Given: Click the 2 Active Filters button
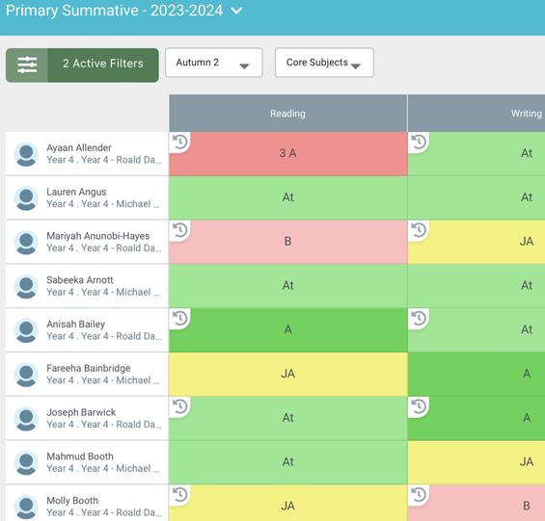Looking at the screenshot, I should pos(82,65).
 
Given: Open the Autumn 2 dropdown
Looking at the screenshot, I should pos(213,64).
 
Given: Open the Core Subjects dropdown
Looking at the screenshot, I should pos(324,64).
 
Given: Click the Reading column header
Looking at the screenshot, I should pos(287,114).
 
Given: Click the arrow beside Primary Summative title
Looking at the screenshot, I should pos(236,12).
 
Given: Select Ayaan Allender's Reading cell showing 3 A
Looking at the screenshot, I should pos(287,154).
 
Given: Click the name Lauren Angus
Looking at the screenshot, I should pos(76,192).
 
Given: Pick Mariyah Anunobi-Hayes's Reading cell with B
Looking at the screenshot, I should pos(287,242).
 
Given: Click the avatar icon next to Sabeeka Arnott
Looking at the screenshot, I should pos(26,287).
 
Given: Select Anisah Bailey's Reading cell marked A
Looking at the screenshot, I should pos(287,329).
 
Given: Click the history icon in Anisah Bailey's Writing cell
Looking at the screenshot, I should pos(419,319).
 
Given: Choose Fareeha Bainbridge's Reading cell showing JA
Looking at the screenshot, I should pos(287,374).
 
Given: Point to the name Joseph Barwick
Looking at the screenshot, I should pos(81,412).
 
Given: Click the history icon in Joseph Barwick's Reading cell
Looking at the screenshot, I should pos(179,407).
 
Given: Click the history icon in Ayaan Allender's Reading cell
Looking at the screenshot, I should pos(179,143).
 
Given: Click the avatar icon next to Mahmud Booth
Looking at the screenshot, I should pos(26,463).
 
